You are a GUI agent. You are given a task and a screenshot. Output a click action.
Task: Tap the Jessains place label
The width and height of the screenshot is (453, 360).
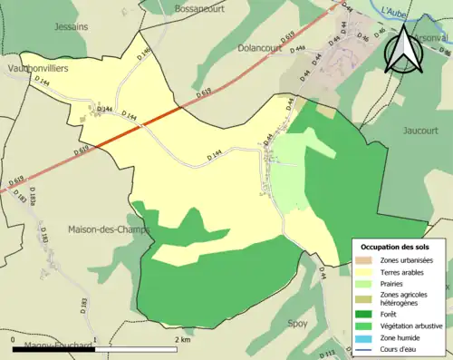[x=71, y=27]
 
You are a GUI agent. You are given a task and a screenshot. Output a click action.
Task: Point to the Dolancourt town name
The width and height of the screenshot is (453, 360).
[x=264, y=47]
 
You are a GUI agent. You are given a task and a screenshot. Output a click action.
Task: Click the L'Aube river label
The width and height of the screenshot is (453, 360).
[x=395, y=11]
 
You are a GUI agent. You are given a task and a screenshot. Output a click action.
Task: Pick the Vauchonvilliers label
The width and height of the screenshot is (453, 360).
[x=40, y=68]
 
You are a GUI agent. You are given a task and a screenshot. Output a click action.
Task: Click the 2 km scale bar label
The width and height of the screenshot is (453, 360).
[x=182, y=339]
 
